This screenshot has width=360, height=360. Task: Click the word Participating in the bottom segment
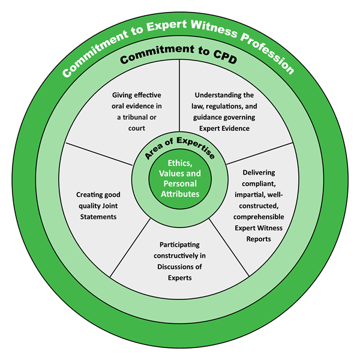click(x=180, y=245)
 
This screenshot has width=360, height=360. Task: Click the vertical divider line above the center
click(x=179, y=102)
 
